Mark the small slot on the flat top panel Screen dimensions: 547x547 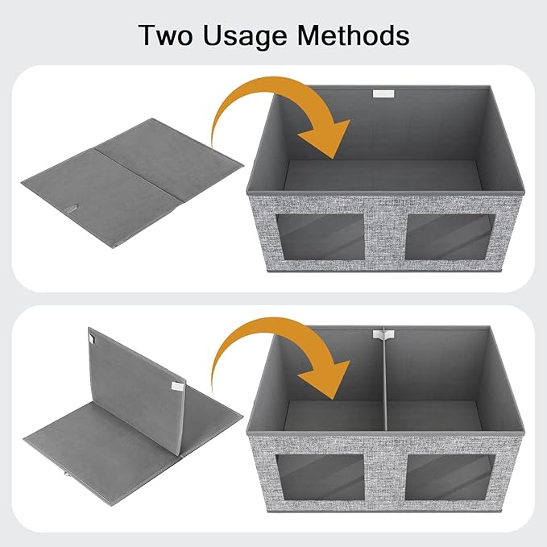coord(74,211)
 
